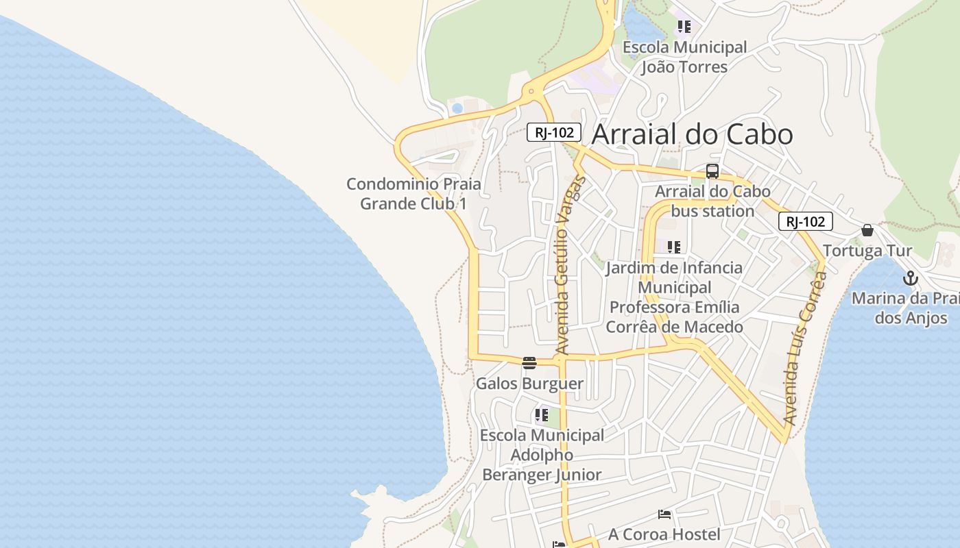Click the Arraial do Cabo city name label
(692, 134)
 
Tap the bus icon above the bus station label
(712, 171)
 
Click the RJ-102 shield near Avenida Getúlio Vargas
(554, 132)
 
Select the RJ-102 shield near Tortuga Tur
(806, 221)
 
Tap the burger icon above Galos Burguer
(529, 363)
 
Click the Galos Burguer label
(529, 384)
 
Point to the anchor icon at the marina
(910, 278)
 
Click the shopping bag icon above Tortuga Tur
(867, 230)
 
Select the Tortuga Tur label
(867, 251)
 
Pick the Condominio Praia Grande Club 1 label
(413, 194)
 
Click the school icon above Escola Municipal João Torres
(684, 27)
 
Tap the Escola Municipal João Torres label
(684, 57)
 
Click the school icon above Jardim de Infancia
(674, 247)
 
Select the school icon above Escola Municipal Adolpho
(542, 414)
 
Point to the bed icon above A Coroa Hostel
(664, 514)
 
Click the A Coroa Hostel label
(664, 534)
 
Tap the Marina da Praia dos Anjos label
(905, 308)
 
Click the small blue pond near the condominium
(457, 108)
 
